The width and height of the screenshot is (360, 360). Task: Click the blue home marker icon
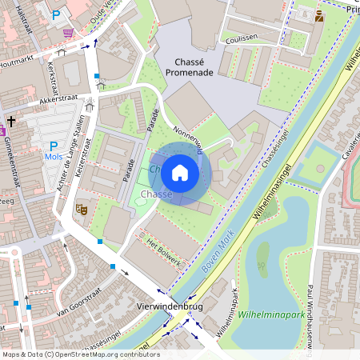[180, 173]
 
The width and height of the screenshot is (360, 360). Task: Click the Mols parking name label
[54, 158]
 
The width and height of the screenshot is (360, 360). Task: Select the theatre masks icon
[81, 209]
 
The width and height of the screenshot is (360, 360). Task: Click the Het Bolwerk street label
[164, 251]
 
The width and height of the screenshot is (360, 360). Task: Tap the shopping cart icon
[68, 32]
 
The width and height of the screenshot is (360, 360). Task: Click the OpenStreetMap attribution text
[80, 354]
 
